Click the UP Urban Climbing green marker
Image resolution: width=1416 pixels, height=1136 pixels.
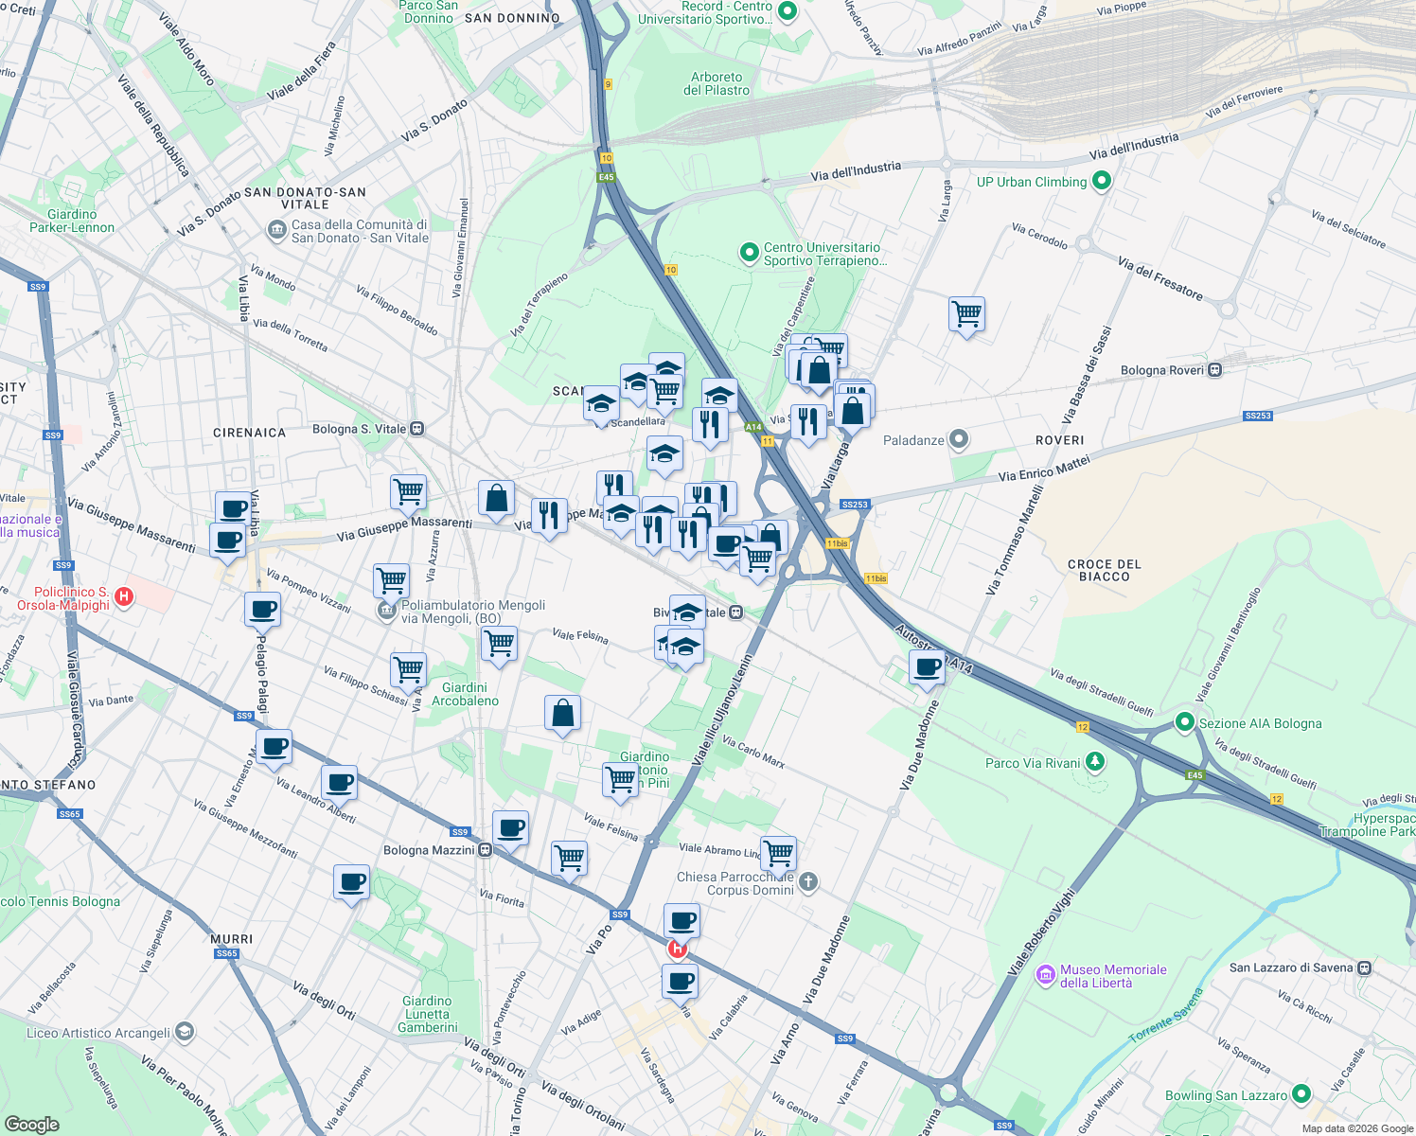pyautogui.click(x=1101, y=181)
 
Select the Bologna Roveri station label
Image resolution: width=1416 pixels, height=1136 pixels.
pyautogui.click(x=1161, y=370)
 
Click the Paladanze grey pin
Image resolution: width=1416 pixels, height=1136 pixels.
pyautogui.click(x=959, y=439)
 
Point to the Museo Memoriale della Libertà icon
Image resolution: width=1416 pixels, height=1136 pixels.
pyautogui.click(x=1046, y=975)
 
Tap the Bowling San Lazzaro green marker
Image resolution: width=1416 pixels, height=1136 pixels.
pyautogui.click(x=1301, y=1094)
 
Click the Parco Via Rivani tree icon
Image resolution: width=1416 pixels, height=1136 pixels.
pyautogui.click(x=1095, y=762)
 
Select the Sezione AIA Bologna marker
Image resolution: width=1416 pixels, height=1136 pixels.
pyautogui.click(x=1184, y=722)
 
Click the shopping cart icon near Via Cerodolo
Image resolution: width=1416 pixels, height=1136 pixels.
pyautogui.click(x=966, y=313)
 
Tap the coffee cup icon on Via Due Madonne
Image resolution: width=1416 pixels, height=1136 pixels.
pyautogui.click(x=928, y=667)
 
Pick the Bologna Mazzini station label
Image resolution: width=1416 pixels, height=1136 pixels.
pyautogui.click(x=429, y=850)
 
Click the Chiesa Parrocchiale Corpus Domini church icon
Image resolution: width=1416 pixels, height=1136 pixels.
pyautogui.click(x=807, y=882)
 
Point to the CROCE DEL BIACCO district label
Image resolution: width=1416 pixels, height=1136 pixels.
pyautogui.click(x=1104, y=570)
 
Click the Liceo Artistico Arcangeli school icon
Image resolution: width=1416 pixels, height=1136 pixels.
pyautogui.click(x=185, y=1032)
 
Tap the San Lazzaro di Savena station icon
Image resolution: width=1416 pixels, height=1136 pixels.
pyautogui.click(x=1364, y=967)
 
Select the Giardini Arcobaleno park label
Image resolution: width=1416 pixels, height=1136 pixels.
pyautogui.click(x=465, y=694)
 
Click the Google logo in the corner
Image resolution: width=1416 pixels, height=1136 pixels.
pyautogui.click(x=31, y=1124)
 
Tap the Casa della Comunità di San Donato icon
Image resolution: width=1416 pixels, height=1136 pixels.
pyautogui.click(x=276, y=230)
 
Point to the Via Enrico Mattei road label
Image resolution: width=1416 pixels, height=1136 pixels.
pyautogui.click(x=1044, y=469)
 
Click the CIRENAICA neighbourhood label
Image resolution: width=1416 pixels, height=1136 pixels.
pyautogui.click(x=249, y=433)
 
